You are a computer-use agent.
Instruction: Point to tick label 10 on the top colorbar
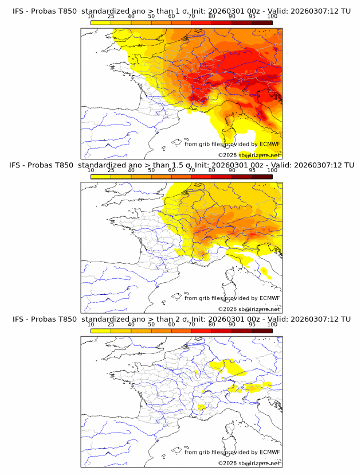[91, 16]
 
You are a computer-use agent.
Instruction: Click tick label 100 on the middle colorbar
[272, 170]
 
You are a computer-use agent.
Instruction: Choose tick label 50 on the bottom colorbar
[151, 324]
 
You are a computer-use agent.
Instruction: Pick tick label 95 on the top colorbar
[252, 16]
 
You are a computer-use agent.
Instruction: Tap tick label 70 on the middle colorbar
[191, 170]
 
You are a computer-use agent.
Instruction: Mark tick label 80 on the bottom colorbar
[212, 324]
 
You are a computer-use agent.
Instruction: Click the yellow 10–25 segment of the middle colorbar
[101, 176]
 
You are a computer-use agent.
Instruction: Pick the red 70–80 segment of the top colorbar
[202, 22]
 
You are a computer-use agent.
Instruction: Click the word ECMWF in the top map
[270, 145]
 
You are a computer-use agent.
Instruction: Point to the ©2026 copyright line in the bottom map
[249, 463]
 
